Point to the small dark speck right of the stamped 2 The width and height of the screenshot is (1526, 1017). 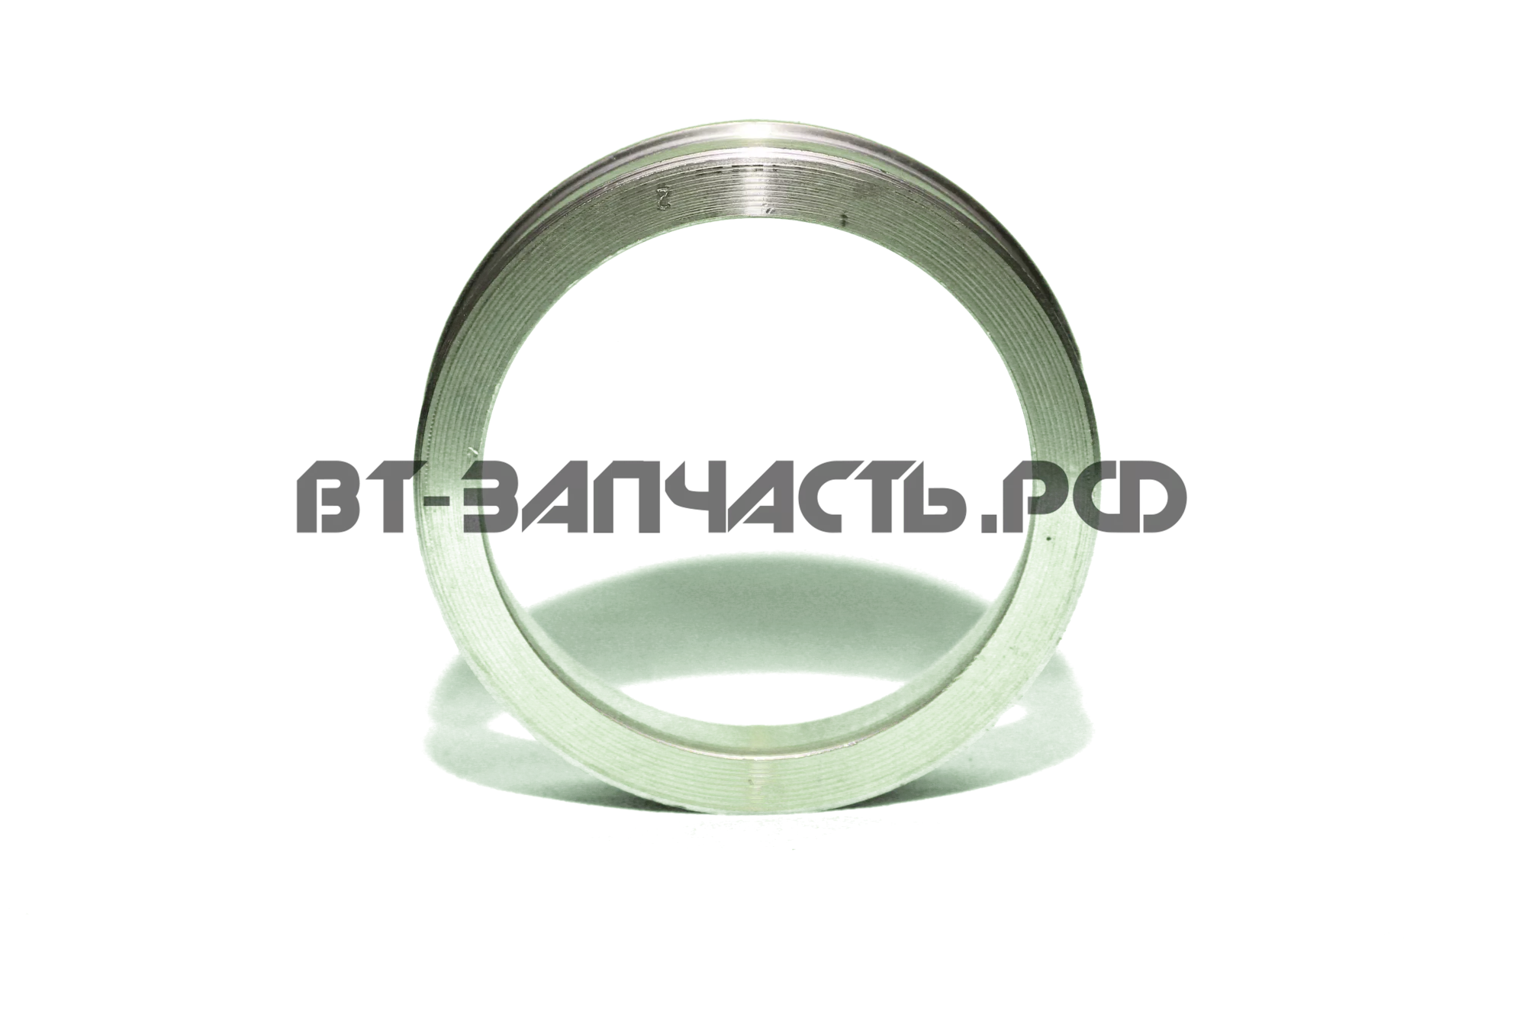(x=844, y=220)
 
